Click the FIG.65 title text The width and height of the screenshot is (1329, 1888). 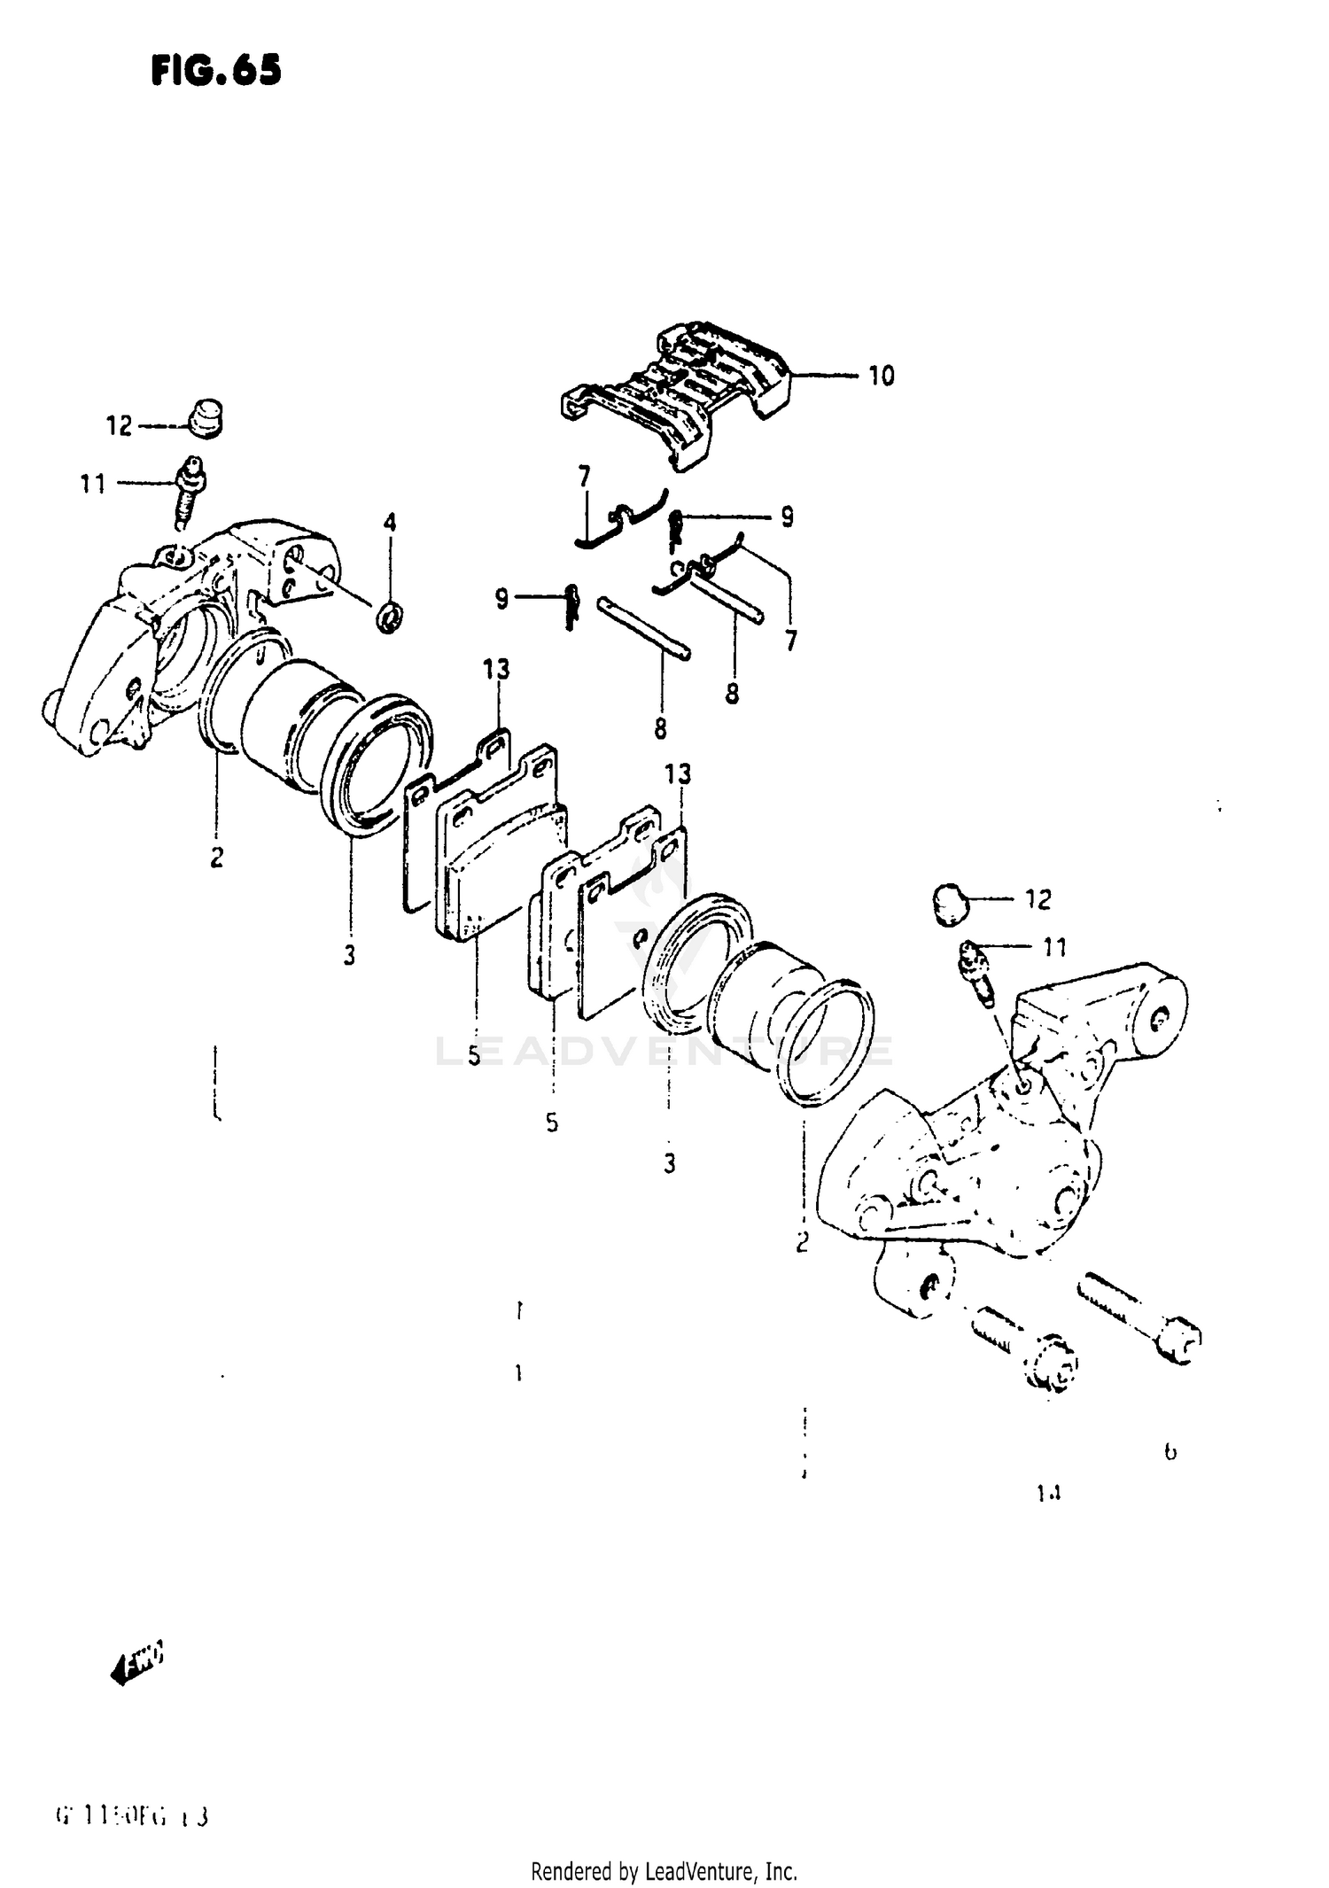pos(215,70)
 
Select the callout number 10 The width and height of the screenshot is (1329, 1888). pos(881,376)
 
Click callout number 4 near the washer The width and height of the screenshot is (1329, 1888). pos(390,522)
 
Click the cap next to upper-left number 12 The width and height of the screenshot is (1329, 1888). pos(206,418)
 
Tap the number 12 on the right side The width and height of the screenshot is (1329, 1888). pos(1038,900)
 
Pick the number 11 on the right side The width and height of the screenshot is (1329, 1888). pos(1054,948)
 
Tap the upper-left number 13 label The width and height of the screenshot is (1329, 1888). pos(496,669)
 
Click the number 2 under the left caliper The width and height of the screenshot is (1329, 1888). pos(217,858)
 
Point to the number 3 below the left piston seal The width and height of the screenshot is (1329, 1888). pos(350,955)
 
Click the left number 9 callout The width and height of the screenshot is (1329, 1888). pos(501,600)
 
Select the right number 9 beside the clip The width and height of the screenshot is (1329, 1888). pos(787,517)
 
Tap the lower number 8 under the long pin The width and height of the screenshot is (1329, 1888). pos(661,728)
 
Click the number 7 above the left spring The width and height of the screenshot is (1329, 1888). pos(584,477)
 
